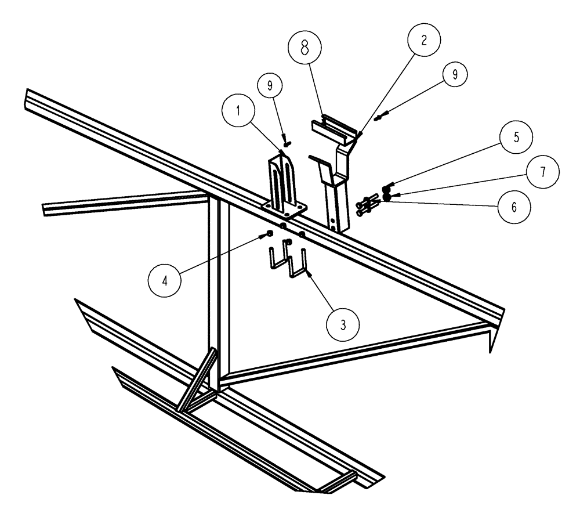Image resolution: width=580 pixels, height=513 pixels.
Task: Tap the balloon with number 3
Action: pyautogui.click(x=343, y=324)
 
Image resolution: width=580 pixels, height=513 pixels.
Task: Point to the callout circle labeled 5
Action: pyautogui.click(x=511, y=139)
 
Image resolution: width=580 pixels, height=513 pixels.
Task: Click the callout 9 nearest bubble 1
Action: pyautogui.click(x=271, y=85)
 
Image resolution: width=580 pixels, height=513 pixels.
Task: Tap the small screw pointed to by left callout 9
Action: pyautogui.click(x=287, y=139)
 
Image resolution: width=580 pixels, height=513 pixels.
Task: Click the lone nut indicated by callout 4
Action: pyautogui.click(x=270, y=233)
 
